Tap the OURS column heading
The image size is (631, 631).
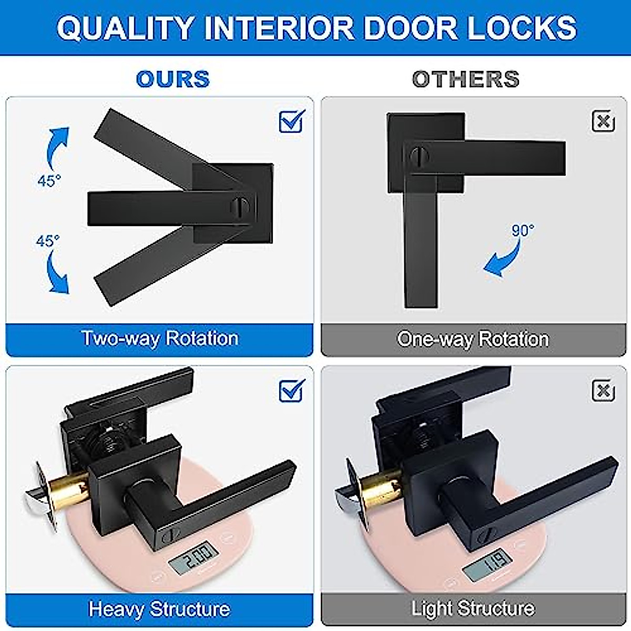coord(172,79)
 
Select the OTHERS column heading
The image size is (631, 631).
coord(466,79)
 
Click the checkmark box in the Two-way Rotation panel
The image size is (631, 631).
coord(291,121)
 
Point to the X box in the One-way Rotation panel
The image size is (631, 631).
coord(603,121)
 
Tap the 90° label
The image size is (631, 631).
coord(523,230)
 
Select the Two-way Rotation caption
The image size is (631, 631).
coord(160,338)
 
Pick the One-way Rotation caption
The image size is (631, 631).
coord(473,339)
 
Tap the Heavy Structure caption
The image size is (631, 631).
coord(159,609)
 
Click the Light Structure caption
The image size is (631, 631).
coord(473,609)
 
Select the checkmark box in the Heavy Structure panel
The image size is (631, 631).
coord(291,391)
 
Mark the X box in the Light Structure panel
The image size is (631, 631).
coord(603,391)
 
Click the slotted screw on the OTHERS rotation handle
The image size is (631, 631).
coord(419,156)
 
